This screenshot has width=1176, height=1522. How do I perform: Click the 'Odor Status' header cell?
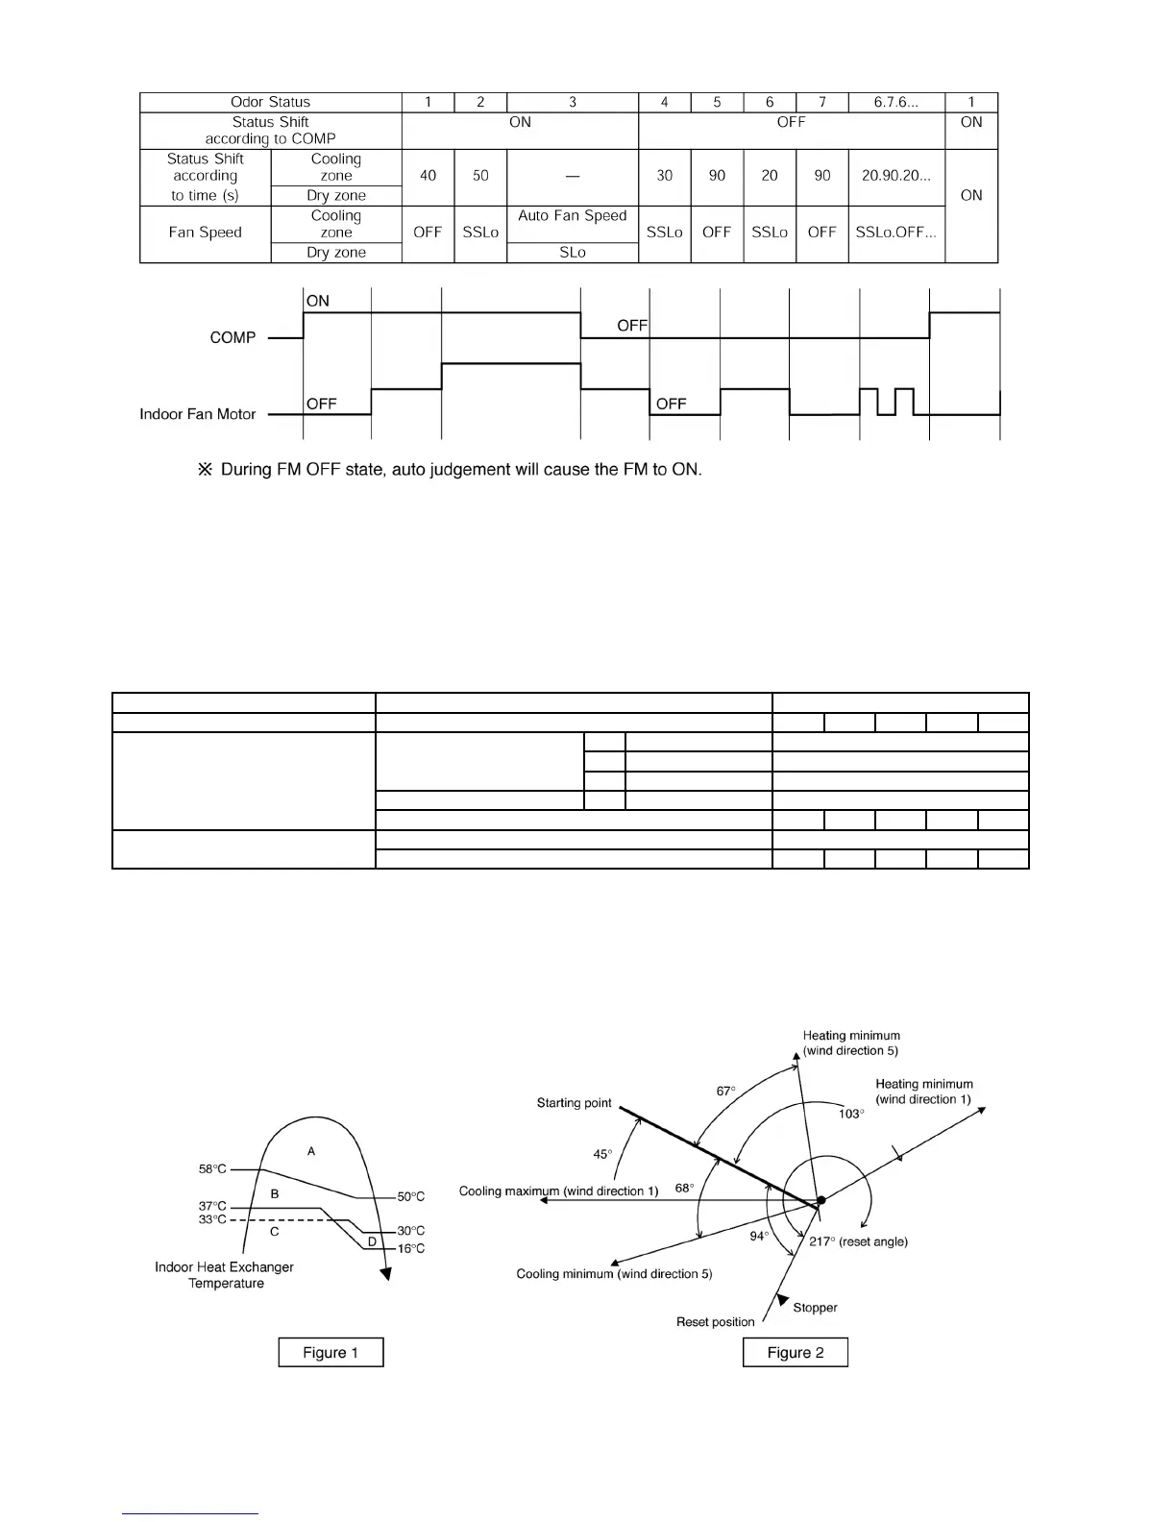click(270, 102)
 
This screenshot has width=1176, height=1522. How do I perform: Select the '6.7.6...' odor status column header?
click(895, 102)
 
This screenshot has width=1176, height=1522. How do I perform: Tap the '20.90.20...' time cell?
click(895, 176)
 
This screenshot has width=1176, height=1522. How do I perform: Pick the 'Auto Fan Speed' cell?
click(572, 215)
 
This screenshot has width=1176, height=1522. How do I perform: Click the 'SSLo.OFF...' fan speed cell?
click(895, 233)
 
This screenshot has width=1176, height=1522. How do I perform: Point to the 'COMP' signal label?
click(233, 337)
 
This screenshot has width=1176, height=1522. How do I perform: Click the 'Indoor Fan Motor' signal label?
click(198, 414)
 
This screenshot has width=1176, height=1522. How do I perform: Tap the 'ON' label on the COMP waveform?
click(318, 301)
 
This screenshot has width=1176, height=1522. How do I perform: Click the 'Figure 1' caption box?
click(331, 1352)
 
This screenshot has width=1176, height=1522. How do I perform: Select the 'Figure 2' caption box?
click(796, 1352)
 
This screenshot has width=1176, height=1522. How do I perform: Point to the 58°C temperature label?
click(212, 1169)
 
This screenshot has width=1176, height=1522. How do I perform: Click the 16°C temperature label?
click(411, 1248)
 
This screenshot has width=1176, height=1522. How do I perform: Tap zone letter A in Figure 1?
click(311, 1151)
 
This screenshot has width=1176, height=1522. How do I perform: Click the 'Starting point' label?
click(574, 1102)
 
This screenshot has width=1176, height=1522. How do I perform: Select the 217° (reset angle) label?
click(858, 1241)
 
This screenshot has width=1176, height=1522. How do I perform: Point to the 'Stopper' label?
click(815, 1307)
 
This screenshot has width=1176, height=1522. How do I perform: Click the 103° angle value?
click(850, 1113)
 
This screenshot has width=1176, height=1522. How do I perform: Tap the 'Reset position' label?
click(716, 1322)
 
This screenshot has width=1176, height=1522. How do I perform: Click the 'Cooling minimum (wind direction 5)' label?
click(614, 1274)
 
